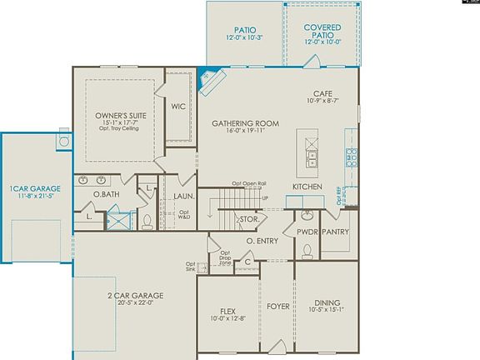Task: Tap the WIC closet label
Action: [177, 106]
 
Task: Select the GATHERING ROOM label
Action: [245, 123]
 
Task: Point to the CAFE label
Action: [323, 94]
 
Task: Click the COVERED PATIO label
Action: [322, 32]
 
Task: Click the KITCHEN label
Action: [307, 187]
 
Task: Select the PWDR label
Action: [297, 232]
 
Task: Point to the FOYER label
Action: [277, 307]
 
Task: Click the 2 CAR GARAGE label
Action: [134, 296]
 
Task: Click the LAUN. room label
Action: [183, 197]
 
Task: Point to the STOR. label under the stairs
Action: [248, 220]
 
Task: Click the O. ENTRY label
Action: [261, 242]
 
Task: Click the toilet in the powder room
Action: [307, 249]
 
